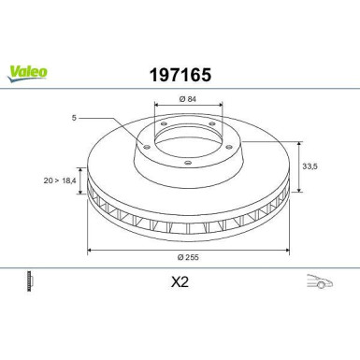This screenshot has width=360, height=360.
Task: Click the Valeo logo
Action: [27, 74]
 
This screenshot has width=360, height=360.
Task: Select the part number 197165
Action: [180, 75]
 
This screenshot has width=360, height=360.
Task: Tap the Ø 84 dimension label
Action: [188, 99]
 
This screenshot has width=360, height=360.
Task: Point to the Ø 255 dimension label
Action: [188, 257]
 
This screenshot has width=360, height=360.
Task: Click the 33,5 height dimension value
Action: [310, 166]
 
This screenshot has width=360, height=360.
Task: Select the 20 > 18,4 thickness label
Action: [60, 180]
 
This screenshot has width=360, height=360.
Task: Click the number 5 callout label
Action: [74, 118]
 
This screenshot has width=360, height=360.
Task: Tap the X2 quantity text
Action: [180, 282]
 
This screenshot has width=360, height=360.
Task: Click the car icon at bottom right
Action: [320, 281]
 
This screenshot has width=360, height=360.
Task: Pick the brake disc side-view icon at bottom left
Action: [30, 281]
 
